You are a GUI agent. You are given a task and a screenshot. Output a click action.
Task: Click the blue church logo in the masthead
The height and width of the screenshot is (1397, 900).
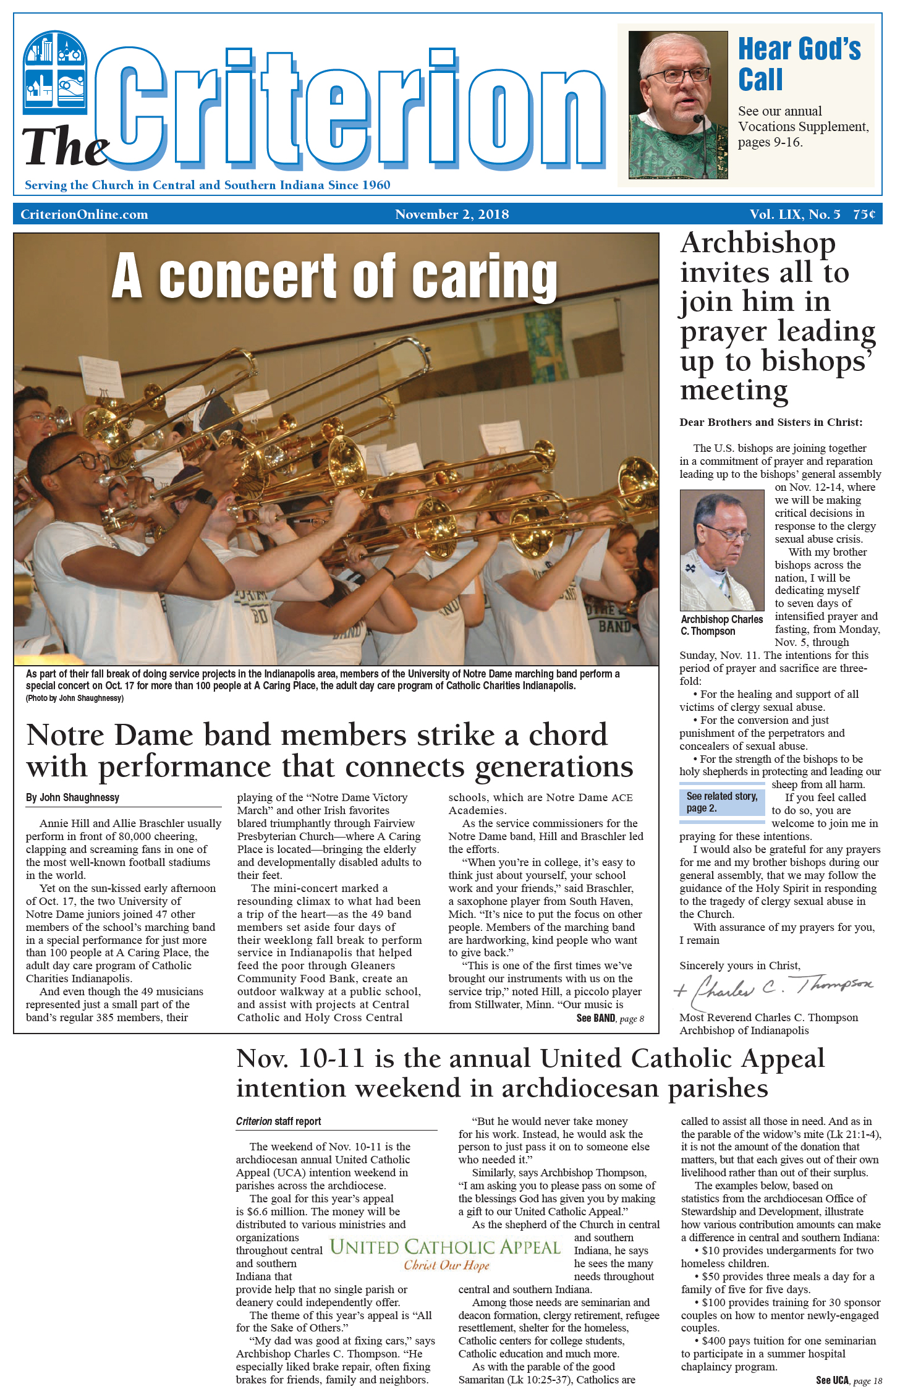click(55, 73)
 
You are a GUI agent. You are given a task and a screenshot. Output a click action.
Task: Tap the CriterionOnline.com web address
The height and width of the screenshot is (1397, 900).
click(84, 214)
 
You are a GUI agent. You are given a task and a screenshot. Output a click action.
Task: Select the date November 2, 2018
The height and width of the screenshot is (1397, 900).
click(452, 214)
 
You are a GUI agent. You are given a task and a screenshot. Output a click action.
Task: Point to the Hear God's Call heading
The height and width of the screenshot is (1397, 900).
click(799, 64)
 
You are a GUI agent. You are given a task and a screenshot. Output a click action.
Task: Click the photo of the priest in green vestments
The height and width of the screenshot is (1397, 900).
click(677, 105)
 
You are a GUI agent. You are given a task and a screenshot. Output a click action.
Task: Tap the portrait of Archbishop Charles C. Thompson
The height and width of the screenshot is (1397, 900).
click(721, 550)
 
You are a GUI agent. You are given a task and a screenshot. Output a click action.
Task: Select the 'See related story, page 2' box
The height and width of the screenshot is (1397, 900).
click(721, 802)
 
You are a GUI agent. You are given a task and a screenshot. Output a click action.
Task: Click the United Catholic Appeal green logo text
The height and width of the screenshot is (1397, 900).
click(445, 1247)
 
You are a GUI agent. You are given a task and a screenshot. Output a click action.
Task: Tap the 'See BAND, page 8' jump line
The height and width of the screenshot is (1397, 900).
click(609, 1018)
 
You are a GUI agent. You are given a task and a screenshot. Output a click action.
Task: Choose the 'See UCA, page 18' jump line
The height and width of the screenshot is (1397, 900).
click(848, 1380)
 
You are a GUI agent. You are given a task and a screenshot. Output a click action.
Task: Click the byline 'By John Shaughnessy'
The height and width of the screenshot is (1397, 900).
click(72, 797)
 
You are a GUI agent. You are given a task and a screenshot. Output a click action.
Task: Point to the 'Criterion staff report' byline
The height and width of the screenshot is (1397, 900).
click(278, 1121)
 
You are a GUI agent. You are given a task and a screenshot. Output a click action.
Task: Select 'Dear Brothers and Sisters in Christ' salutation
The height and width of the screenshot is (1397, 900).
click(770, 422)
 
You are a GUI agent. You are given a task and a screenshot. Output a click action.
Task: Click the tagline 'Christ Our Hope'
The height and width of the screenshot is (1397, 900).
click(446, 1265)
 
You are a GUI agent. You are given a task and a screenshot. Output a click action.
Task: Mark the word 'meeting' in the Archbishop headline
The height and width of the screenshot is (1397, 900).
click(734, 391)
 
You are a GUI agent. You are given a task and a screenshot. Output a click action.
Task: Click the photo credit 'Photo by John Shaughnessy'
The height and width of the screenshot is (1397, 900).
click(75, 698)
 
